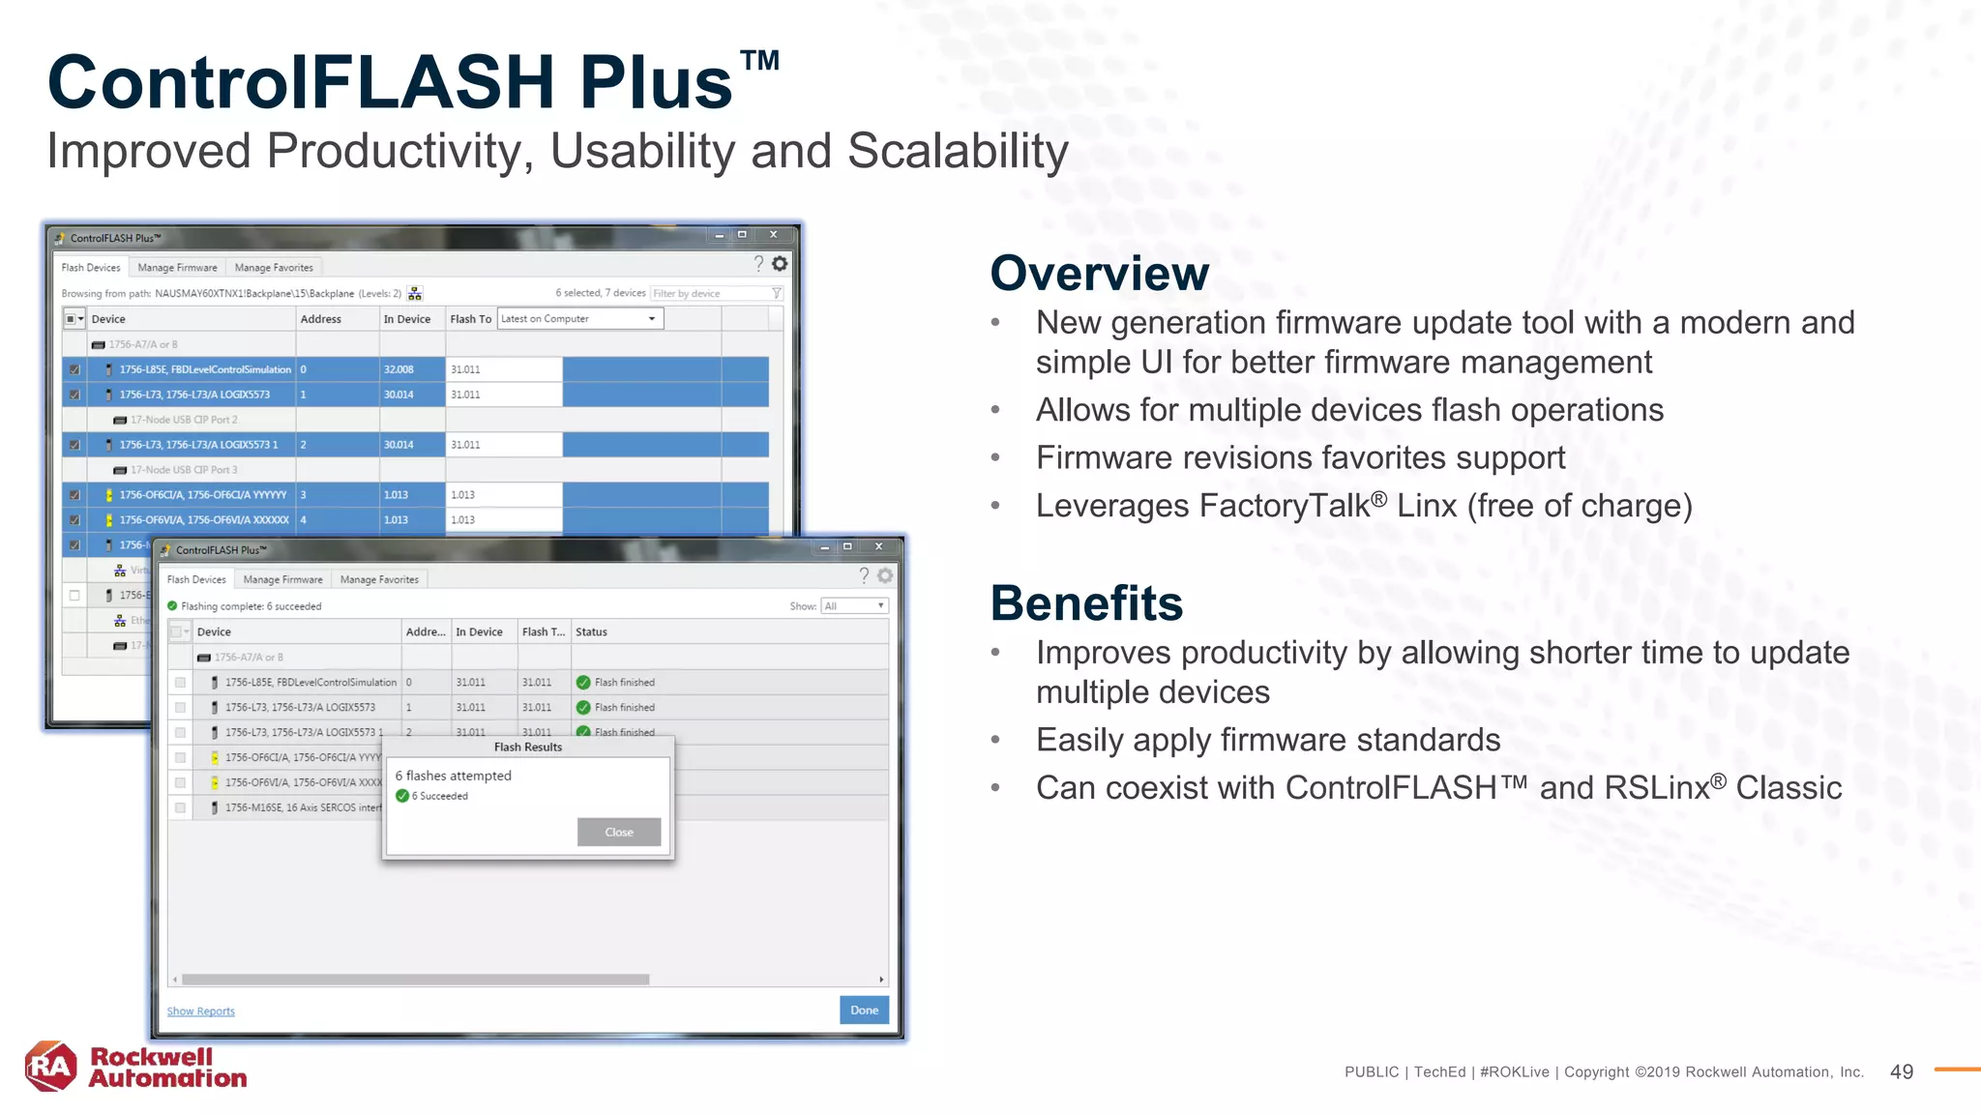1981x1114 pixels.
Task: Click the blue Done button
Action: [x=864, y=1010]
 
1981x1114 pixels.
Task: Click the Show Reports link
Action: [x=200, y=1011]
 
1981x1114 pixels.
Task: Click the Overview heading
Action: [x=1099, y=274]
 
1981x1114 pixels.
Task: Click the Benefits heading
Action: [x=1086, y=603]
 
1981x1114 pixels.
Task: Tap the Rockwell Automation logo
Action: [x=135, y=1068]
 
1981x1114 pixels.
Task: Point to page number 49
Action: [x=1901, y=1071]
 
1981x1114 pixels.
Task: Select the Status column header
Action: [x=591, y=632]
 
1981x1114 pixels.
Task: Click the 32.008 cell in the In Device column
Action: [x=399, y=369]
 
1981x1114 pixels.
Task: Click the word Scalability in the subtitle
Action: [x=958, y=152]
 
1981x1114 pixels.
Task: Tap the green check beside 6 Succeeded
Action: [x=402, y=797]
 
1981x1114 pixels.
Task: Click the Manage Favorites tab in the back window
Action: [x=274, y=268]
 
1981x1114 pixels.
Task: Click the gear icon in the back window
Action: [x=780, y=264]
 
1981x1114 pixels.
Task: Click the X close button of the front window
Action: [x=878, y=546]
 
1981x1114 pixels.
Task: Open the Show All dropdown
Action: [x=854, y=606]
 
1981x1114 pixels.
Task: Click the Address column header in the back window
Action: [x=321, y=319]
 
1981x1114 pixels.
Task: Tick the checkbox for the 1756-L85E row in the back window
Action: [x=74, y=369]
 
